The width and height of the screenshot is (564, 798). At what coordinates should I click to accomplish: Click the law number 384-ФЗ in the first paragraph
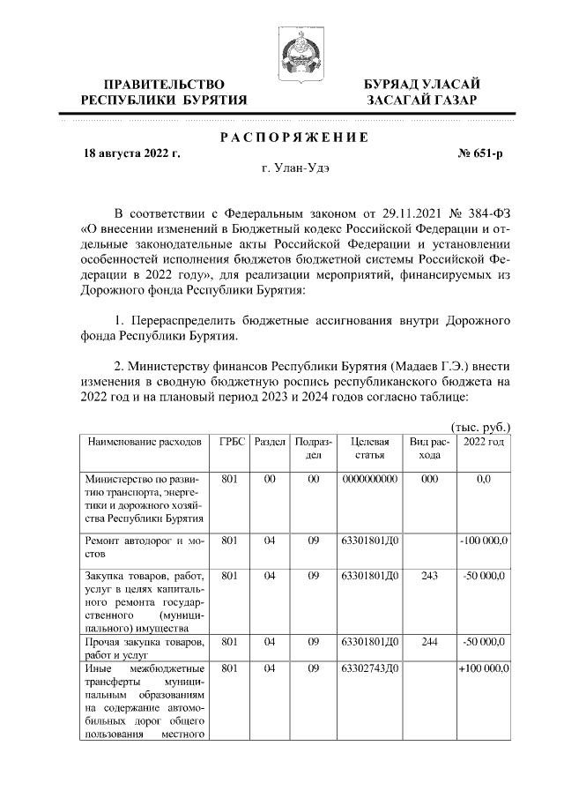tap(483, 214)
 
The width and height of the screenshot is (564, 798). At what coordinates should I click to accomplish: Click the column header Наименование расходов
tap(142, 441)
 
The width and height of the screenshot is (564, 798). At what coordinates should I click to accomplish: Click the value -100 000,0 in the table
tap(483, 541)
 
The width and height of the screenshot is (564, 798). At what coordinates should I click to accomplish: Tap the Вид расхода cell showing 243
tap(429, 576)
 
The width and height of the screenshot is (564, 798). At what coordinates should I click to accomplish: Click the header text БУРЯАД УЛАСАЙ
tap(423, 84)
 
